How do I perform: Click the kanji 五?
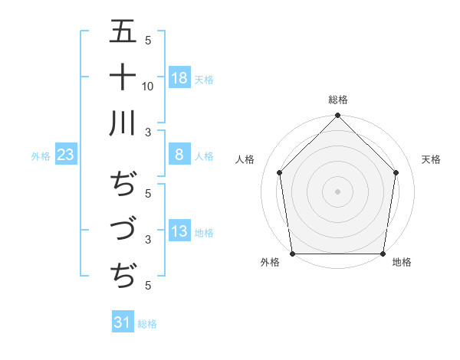point(123,33)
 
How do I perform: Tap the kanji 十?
point(123,77)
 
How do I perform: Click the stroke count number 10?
point(148,86)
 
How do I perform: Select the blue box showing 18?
point(179,78)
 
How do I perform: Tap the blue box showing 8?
point(179,155)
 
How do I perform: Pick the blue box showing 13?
point(179,232)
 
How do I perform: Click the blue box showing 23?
point(65,155)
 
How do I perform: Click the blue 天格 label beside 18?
point(204,79)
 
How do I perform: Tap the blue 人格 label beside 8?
point(204,155)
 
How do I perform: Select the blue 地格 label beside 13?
point(204,233)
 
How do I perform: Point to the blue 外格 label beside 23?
point(41,156)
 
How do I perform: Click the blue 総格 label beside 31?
point(147,323)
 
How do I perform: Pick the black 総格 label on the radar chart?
point(338,100)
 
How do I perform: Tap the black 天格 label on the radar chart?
point(432,159)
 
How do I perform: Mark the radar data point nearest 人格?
point(280,172)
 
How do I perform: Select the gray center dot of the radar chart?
point(338,191)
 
